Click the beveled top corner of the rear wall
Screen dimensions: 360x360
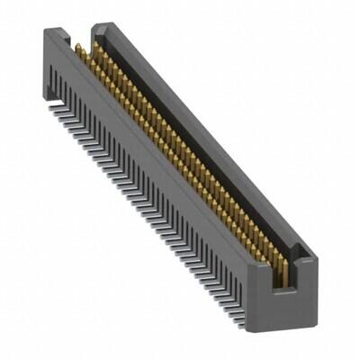click(x=100, y=27)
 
